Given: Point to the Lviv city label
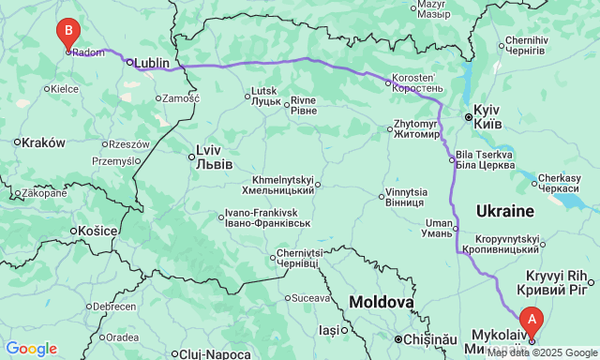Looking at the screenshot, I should tap(208, 155).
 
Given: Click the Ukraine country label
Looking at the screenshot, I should tap(504, 210).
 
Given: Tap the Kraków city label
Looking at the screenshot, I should tap(44, 142).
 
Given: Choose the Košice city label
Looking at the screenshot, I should tap(97, 231).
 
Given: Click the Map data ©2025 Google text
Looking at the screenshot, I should tap(541, 353).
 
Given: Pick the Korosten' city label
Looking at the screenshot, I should tap(413, 82).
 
